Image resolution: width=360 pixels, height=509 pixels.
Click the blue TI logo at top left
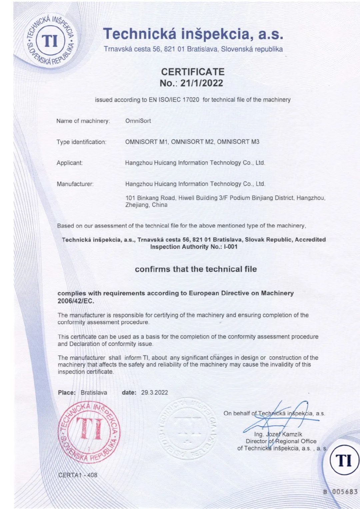51,41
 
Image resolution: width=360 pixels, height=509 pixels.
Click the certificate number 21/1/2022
201,83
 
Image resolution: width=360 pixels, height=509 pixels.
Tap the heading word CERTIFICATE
193,72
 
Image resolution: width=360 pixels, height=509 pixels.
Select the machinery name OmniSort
138,121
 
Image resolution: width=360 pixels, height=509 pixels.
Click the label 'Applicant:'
70,163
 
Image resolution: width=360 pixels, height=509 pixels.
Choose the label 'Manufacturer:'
75,184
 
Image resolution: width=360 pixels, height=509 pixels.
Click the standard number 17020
191,100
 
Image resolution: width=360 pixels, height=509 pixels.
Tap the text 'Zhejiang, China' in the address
146,205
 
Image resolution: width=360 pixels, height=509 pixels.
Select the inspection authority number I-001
231,247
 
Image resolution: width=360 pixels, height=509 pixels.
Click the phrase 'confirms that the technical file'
196,269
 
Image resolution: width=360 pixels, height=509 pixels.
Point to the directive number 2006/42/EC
76,301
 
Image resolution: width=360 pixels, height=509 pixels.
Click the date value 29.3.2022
154,392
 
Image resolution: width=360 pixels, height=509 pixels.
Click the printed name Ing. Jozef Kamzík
278,434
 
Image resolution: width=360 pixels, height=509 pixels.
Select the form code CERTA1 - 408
78,475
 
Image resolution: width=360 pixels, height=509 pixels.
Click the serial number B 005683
340,491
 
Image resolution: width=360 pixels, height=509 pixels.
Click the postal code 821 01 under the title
174,49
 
